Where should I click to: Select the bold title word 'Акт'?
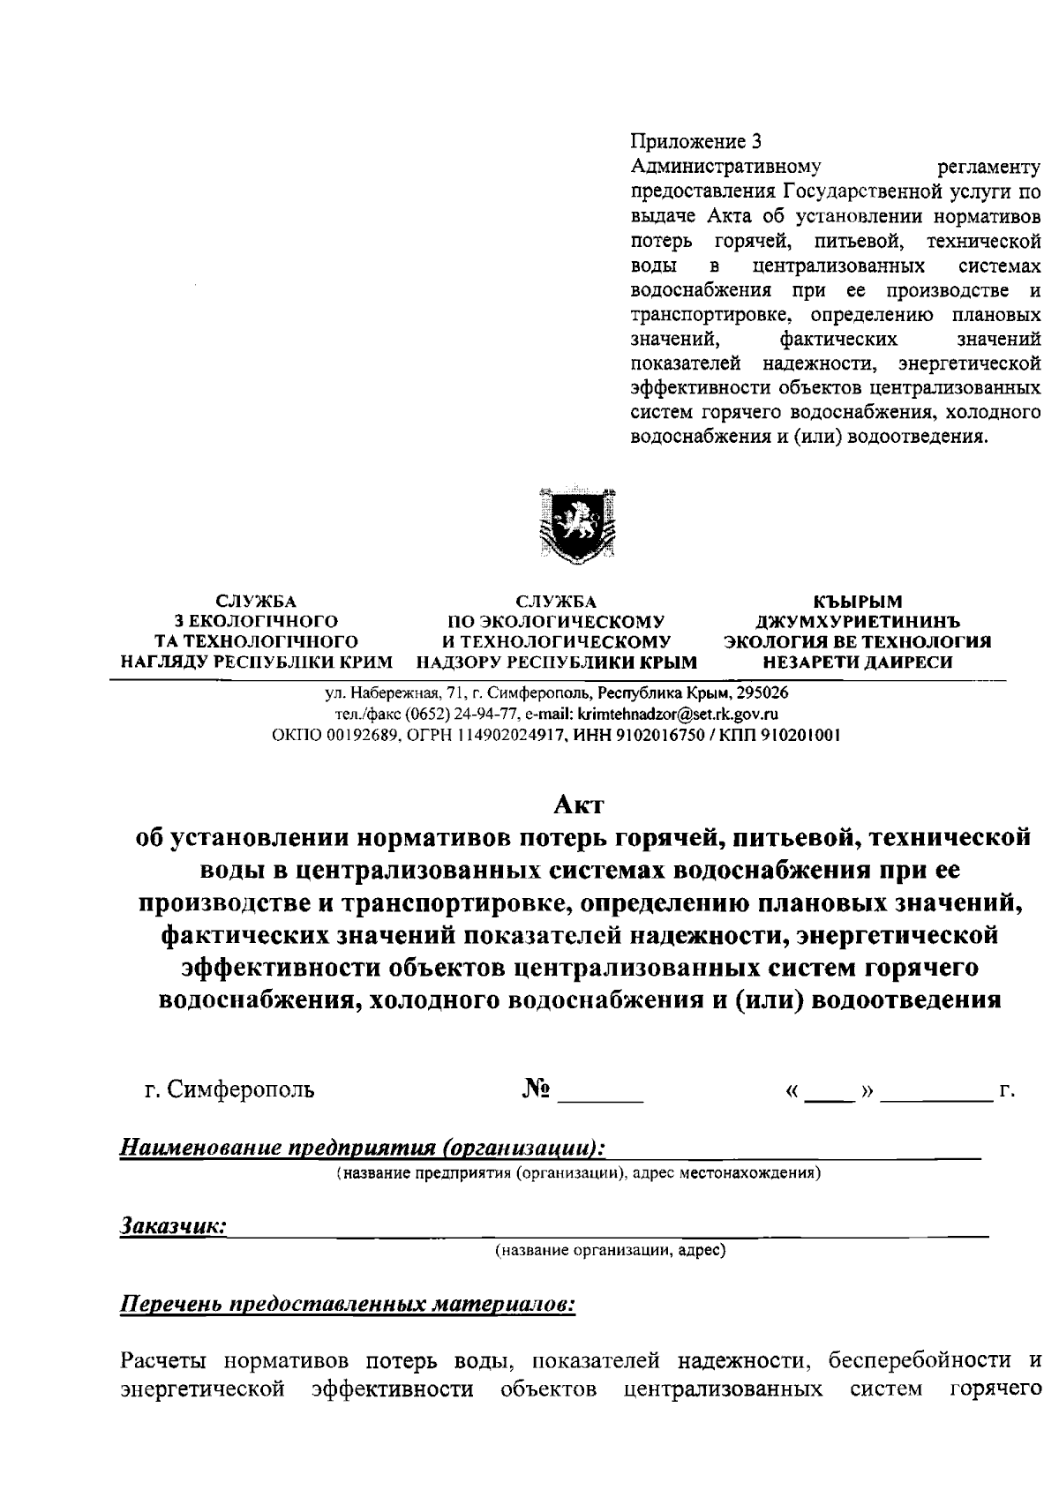[x=578, y=805]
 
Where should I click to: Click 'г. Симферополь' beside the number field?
[x=229, y=1089]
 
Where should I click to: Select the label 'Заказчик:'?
[x=173, y=1225]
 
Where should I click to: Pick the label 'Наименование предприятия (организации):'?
[x=363, y=1148]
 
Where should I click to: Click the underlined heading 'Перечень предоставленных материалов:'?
[x=348, y=1304]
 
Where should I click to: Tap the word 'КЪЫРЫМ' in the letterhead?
[x=857, y=603]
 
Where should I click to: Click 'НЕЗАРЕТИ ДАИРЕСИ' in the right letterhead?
[x=857, y=662]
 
